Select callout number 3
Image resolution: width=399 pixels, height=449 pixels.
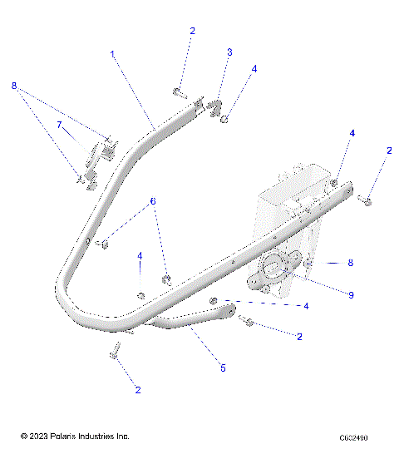[229, 52]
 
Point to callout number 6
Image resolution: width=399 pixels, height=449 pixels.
[152, 201]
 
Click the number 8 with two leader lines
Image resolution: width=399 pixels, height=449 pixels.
[13, 86]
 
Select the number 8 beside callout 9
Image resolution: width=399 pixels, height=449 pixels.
[350, 263]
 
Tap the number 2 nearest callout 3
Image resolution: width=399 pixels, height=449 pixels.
[192, 31]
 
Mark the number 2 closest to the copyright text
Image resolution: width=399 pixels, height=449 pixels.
[138, 389]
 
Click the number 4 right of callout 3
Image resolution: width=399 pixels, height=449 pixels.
[254, 69]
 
